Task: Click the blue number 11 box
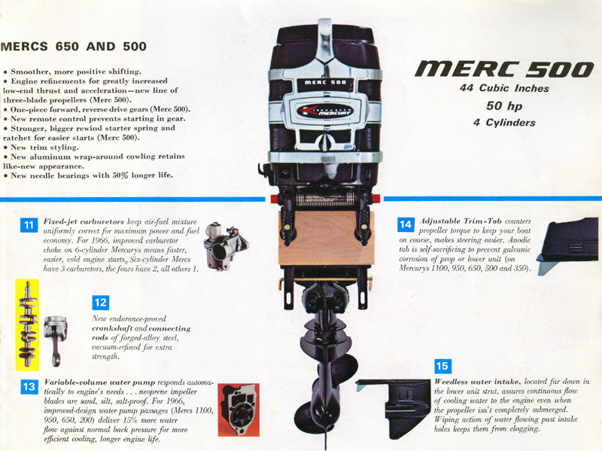point(29,225)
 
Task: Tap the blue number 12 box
point(101,303)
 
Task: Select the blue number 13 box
point(29,386)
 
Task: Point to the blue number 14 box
point(406,224)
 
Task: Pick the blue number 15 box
point(442,366)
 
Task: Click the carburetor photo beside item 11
point(225,247)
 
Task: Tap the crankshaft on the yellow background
point(28,324)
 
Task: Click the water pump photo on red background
point(239,410)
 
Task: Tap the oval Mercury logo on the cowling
point(325,111)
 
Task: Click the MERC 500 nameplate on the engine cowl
point(325,82)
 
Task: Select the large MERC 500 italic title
point(504,69)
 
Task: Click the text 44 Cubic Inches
point(504,88)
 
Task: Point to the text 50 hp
point(504,105)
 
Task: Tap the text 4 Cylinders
point(504,123)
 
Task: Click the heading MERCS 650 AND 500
point(73,47)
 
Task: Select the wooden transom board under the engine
point(326,238)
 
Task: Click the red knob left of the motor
point(275,199)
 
